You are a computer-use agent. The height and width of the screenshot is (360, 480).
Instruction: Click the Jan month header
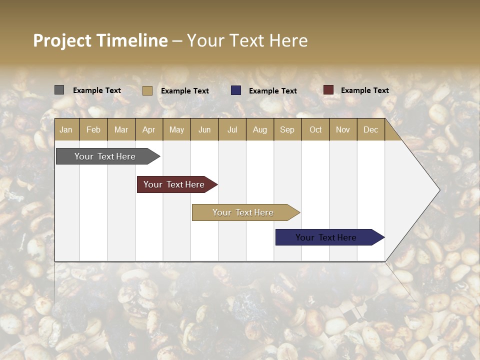coord(66,129)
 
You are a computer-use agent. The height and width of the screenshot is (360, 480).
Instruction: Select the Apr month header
coord(149,129)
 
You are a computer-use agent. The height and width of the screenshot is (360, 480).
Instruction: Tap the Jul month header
coord(232,129)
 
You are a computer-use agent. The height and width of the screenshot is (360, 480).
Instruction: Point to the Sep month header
coord(287,129)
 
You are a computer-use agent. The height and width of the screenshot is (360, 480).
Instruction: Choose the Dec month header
coord(370,129)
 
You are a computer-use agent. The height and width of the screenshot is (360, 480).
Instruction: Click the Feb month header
coord(93,129)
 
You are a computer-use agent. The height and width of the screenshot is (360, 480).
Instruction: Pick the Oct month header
coord(315,129)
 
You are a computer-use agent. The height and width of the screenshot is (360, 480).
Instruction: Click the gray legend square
coord(59,90)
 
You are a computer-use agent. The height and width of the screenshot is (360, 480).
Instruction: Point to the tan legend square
coord(147,90)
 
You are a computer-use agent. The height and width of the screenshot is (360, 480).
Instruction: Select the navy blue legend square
coord(236,90)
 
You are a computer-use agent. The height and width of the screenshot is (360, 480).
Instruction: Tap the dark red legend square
coord(328,90)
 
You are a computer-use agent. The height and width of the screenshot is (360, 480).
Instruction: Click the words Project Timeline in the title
coord(100,40)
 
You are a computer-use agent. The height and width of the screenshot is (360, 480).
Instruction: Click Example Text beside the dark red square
coord(364,90)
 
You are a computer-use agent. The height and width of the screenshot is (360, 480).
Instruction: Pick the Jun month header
coord(204,129)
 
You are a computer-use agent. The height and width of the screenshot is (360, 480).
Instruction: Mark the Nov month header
coord(343,129)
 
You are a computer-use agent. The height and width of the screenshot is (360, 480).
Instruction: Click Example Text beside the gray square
coord(97,90)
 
